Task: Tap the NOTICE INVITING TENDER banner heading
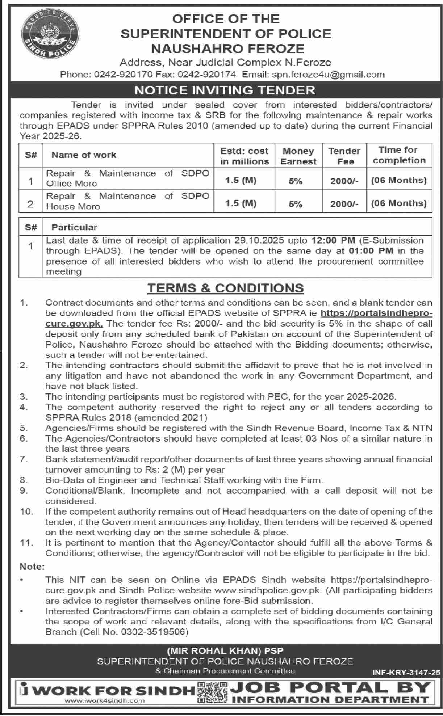pos(225,90)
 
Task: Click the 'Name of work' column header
pos(84,155)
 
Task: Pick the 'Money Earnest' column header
pos(298,156)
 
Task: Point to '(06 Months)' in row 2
pos(398,203)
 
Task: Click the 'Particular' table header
pos(74,227)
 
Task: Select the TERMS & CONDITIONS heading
pos(225,288)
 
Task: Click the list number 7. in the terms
pos(24,459)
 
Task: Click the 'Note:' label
pos(32,567)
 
